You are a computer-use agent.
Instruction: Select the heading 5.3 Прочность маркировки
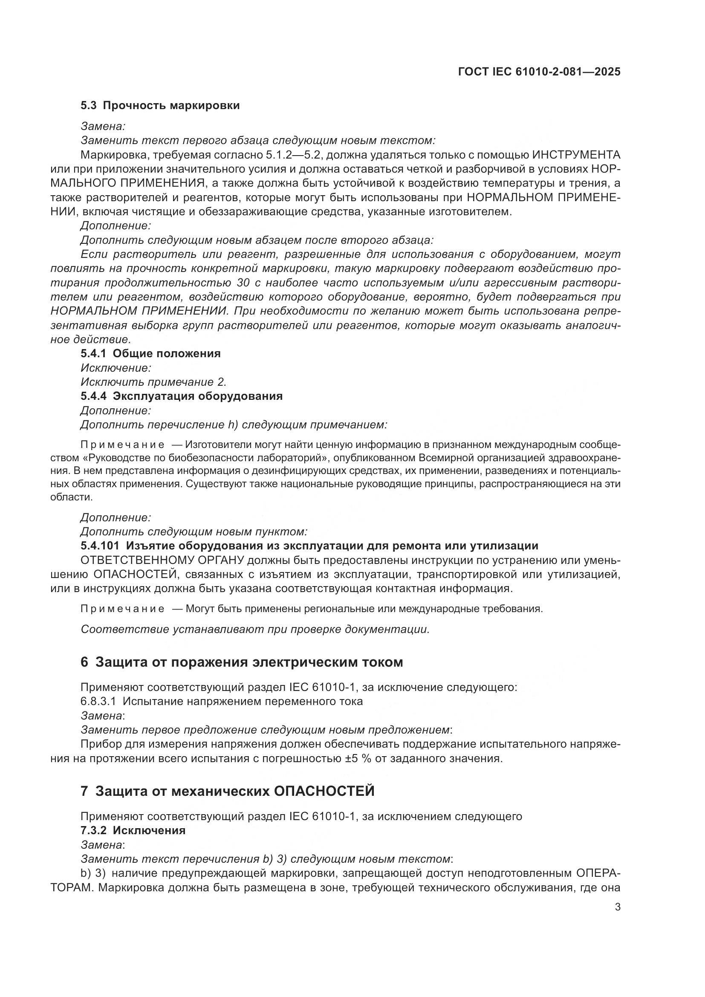pyautogui.click(x=160, y=106)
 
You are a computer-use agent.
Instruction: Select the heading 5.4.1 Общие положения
pyautogui.click(x=150, y=353)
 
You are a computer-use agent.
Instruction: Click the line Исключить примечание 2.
pyautogui.click(x=154, y=382)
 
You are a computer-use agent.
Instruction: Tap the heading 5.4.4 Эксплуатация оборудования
pyautogui.click(x=182, y=396)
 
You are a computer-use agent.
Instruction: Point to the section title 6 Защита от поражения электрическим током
pyautogui.click(x=242, y=662)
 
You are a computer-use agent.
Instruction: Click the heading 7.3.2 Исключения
pyautogui.click(x=133, y=831)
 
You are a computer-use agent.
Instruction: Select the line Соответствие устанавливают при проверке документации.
pyautogui.click(x=255, y=629)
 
